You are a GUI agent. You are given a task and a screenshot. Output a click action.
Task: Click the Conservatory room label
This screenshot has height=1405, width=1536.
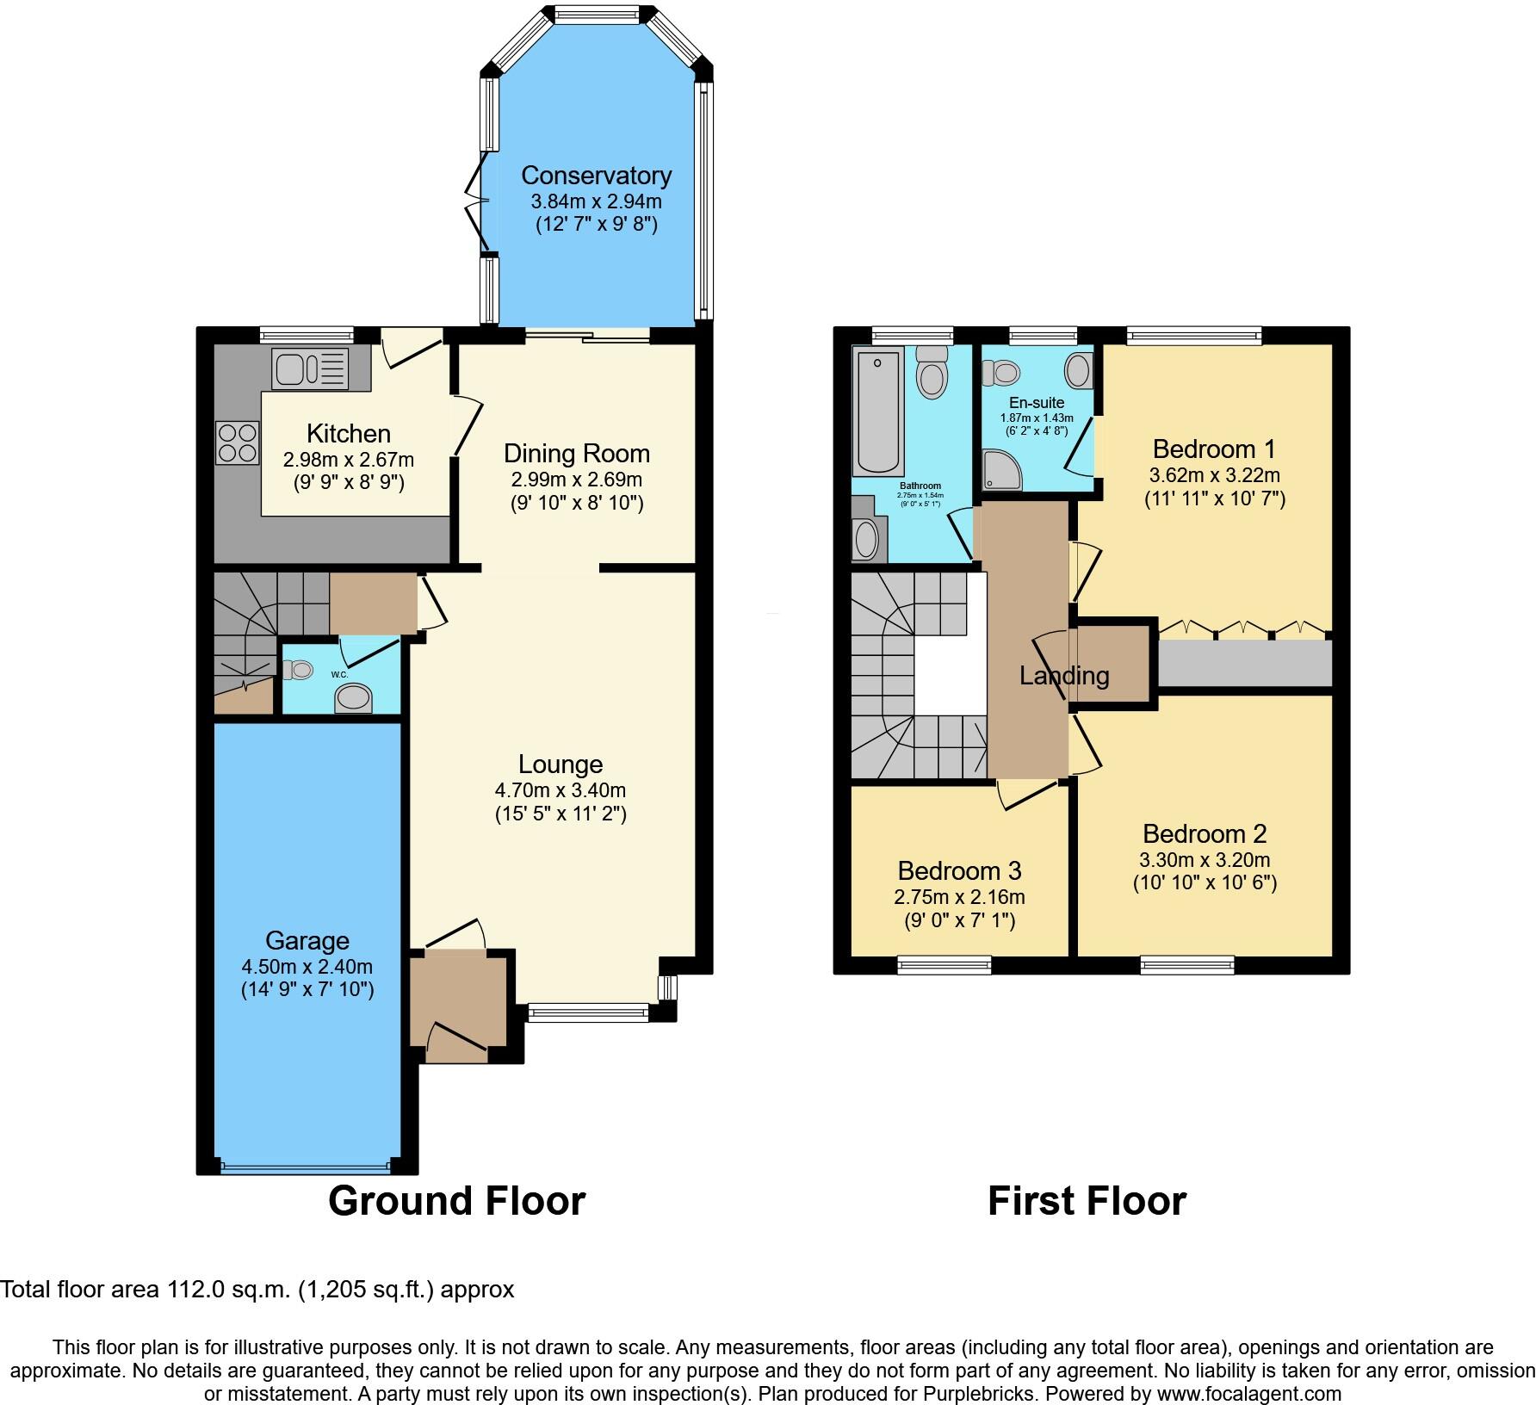click(x=596, y=176)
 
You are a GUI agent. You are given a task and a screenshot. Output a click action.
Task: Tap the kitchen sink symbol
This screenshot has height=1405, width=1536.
click(x=310, y=368)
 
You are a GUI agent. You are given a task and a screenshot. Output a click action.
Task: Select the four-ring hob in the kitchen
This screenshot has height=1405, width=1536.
click(x=237, y=442)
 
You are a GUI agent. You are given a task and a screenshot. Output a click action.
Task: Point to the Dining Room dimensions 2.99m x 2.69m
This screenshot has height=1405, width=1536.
click(x=577, y=480)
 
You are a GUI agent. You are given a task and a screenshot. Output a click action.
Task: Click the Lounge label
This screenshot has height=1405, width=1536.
click(x=561, y=764)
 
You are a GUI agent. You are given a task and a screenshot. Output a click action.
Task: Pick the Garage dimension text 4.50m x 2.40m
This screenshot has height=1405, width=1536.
click(x=307, y=966)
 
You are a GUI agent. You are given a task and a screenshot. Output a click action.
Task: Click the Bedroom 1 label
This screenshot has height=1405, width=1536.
click(x=1214, y=449)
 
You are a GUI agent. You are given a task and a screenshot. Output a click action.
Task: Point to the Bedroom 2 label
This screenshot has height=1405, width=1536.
click(x=1205, y=833)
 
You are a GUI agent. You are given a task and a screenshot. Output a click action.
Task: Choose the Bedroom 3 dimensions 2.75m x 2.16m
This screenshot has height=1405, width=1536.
click(x=959, y=897)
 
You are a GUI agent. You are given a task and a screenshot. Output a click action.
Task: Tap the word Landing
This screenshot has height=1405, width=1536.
click(x=1064, y=676)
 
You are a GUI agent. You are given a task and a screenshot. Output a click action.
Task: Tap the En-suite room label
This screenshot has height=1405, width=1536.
click(x=1037, y=402)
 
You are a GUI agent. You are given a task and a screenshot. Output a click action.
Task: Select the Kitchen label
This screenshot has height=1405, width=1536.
click(x=349, y=433)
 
